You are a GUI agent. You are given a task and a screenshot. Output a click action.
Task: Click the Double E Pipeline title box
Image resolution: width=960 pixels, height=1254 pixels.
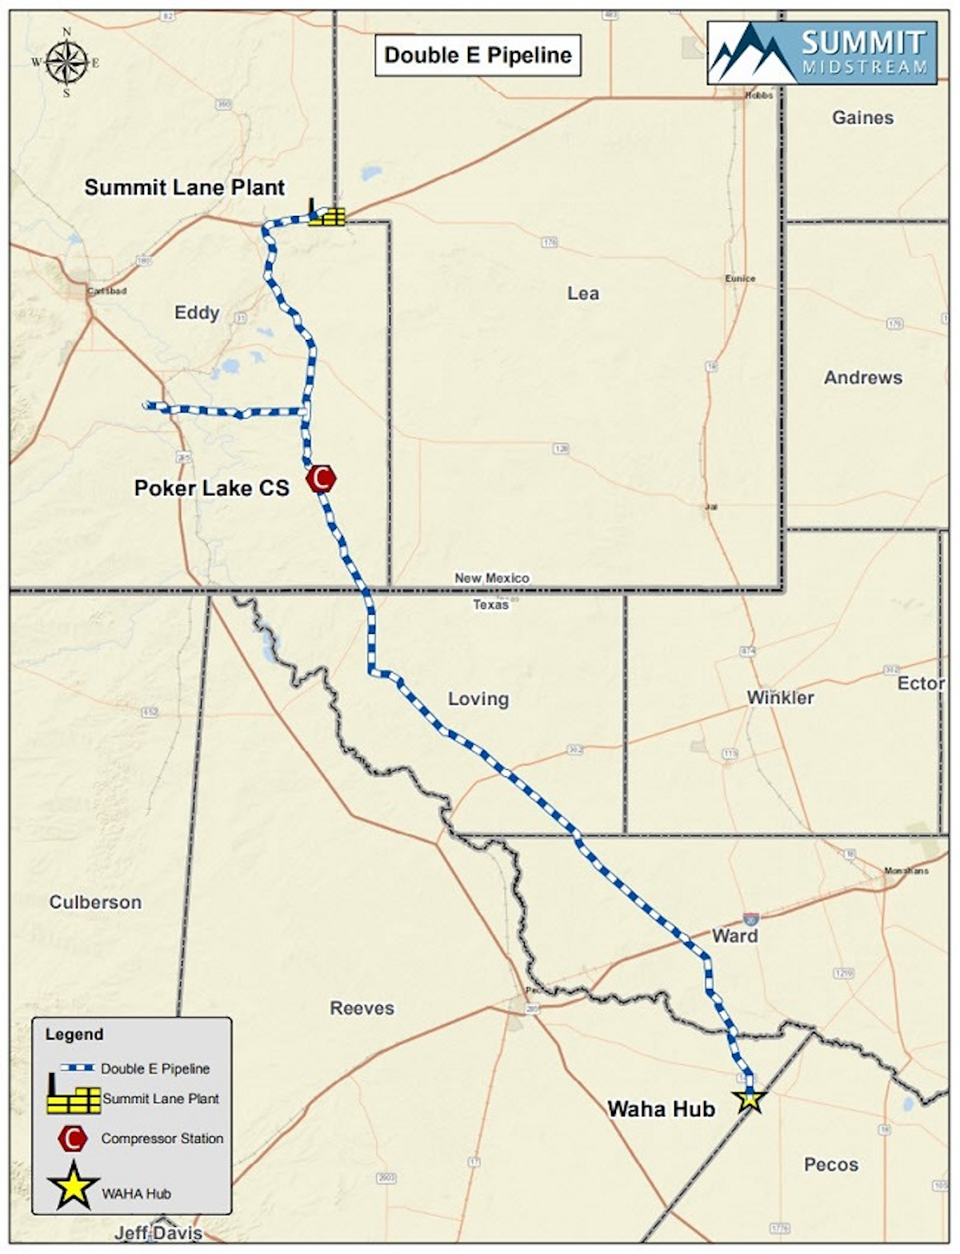point(478,55)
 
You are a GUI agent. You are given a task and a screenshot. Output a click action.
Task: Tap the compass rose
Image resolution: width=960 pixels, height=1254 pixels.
point(66,63)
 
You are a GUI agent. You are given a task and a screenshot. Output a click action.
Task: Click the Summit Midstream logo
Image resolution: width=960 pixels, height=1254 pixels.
point(822,53)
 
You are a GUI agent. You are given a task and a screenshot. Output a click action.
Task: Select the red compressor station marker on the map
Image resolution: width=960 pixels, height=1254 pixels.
point(322,479)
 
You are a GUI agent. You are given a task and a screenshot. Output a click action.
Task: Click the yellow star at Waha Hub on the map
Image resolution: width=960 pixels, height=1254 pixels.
point(750,1099)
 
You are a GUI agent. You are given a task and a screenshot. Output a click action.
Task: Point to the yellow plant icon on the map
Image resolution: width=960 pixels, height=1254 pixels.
point(327,214)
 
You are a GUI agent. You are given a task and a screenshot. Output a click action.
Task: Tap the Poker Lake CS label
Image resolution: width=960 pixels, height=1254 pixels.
point(211,487)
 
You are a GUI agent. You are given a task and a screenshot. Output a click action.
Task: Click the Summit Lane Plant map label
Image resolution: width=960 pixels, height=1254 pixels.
point(184,187)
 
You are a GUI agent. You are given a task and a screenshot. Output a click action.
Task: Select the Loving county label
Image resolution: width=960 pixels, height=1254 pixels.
point(478,699)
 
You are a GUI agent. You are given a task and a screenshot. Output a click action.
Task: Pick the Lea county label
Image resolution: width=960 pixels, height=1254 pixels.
point(582,294)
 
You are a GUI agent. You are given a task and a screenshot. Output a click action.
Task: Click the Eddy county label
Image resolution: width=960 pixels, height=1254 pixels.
point(197,312)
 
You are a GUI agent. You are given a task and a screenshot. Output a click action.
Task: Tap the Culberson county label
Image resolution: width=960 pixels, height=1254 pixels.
point(95,902)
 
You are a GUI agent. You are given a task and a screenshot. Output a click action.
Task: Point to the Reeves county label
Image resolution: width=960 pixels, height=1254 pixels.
point(362,1008)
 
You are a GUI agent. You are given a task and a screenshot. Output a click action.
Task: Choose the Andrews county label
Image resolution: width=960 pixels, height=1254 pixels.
point(862,377)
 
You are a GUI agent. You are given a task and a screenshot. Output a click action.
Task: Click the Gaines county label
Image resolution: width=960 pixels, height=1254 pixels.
point(862,118)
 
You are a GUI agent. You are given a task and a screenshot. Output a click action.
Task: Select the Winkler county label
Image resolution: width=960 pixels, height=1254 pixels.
point(780,697)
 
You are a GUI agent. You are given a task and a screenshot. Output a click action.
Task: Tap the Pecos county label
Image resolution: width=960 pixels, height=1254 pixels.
point(830,1164)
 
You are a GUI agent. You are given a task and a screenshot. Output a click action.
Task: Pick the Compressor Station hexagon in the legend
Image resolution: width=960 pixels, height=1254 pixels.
point(73,1138)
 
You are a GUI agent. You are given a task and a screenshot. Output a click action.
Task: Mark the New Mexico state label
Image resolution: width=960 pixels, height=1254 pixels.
point(492,578)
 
